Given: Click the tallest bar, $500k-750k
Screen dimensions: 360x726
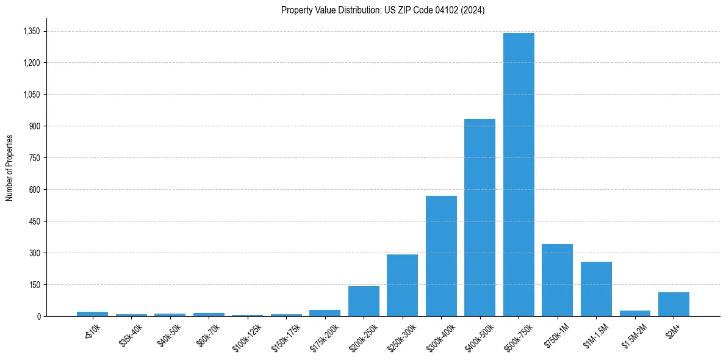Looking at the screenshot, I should pos(519,175).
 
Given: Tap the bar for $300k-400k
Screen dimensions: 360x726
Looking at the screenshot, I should pos(441,256).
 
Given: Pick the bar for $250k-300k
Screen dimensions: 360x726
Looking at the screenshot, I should pos(402,286).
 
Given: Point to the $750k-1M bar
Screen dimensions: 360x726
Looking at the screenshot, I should pos(557,280).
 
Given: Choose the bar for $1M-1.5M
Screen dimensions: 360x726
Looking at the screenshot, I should pos(596,289).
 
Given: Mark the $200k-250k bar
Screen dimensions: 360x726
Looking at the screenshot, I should pos(364,301).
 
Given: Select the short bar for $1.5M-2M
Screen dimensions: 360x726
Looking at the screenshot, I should pos(634,313).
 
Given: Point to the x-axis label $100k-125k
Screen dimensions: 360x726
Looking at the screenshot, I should pos(247,337).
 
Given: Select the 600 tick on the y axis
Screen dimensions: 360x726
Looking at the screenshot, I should pos(35,190).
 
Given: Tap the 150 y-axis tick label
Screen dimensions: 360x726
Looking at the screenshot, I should pos(35,285).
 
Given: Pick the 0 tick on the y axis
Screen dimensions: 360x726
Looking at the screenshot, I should pos(38,317).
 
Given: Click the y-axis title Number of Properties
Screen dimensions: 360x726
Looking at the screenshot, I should pos(9,168).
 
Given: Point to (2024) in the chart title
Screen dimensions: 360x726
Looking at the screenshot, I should pos(473,10).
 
